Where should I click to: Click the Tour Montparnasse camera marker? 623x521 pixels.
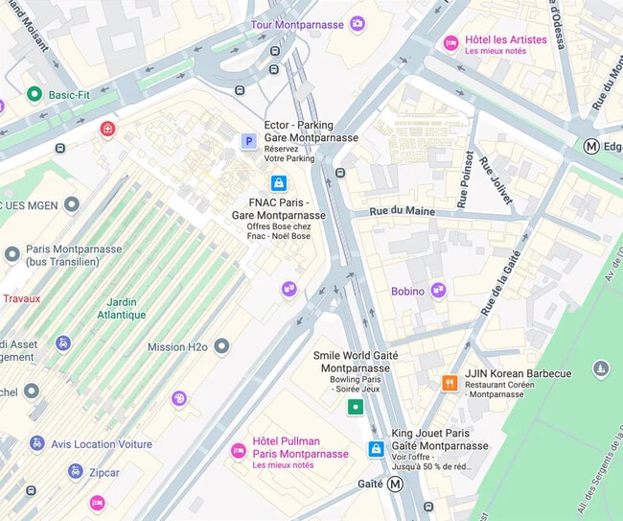[x=358, y=24]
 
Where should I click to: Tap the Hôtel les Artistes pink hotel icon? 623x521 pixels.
[x=450, y=43]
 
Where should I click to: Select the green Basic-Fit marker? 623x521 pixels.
[x=35, y=94]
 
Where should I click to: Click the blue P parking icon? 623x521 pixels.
[x=248, y=142]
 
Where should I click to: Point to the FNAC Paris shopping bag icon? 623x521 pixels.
[x=278, y=182]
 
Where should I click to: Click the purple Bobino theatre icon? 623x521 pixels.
[x=439, y=290]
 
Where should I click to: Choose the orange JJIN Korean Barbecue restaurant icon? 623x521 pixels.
[x=449, y=383]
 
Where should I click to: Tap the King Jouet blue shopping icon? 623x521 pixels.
[x=377, y=449]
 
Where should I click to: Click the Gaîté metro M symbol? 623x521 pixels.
[x=396, y=484]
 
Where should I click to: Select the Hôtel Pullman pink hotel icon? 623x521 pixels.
[x=238, y=451]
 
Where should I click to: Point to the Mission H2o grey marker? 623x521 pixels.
[x=221, y=345]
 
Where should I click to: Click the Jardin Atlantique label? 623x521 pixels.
[x=122, y=308]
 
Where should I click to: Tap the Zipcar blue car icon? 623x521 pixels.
[x=75, y=472]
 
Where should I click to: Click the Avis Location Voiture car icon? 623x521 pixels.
[x=36, y=443]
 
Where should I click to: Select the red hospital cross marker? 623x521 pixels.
[x=107, y=129]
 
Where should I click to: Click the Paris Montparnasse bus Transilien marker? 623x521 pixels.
[x=12, y=254]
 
